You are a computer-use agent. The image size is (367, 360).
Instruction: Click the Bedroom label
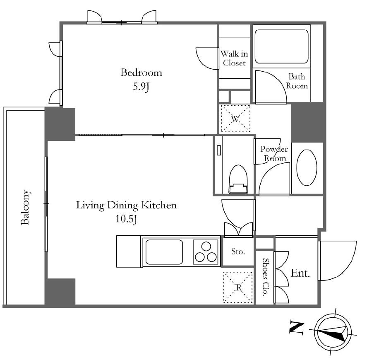pos(141,72)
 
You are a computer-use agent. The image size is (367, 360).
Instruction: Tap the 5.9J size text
pos(141,87)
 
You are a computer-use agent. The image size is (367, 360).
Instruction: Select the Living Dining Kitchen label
pos(126,205)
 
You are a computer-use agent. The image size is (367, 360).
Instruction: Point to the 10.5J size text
pos(126,219)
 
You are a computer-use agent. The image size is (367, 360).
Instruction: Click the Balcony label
pos(25,208)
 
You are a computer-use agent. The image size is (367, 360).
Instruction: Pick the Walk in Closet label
pos(234,58)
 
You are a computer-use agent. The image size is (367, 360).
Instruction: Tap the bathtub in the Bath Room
pos(281,46)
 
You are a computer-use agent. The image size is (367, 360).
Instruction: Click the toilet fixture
pos(238,179)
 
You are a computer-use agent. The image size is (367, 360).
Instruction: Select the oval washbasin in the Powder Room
pos(307,168)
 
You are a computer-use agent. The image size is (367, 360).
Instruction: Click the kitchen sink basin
pos(164,252)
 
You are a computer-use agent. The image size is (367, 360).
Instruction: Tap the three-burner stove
pos(206,252)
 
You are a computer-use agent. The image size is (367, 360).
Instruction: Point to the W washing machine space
pos(235,119)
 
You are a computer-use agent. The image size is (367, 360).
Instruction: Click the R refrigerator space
pos(238,287)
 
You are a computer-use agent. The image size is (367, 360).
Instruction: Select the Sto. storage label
pos(238,252)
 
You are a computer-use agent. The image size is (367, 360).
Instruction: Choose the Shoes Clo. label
pos(265,277)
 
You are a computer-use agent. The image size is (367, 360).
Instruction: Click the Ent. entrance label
pos(300,273)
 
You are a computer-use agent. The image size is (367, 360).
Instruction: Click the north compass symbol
pos(332,333)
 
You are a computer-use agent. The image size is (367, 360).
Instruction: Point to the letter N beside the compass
pos(296,326)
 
